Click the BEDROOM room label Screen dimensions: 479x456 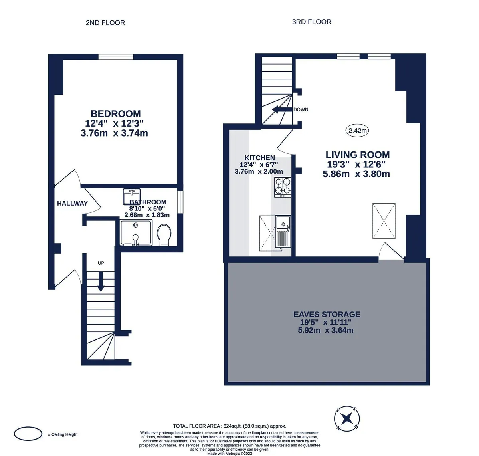pos(115,114)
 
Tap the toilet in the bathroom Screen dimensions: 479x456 pos(164,235)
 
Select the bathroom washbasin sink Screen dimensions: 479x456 pos(132,196)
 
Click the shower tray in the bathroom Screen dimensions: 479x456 pos(136,232)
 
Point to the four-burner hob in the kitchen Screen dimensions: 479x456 pos(283,187)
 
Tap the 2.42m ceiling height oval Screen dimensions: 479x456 pos(357,131)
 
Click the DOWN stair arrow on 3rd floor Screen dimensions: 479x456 pos(282,109)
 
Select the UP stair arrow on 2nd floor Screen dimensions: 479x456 pos(101,282)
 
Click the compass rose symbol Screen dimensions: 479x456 pos(347,418)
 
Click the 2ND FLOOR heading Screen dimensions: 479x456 pos(105,23)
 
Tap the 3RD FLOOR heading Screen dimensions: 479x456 pos(312,22)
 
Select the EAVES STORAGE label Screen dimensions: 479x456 pos(327,314)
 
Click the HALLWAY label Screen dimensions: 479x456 pos(72,203)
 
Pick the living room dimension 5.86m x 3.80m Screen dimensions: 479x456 pos(356,174)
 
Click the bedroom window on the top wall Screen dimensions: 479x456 pos(116,57)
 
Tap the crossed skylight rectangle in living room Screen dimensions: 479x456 pos(384,221)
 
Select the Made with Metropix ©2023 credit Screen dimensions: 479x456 pos(230,453)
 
